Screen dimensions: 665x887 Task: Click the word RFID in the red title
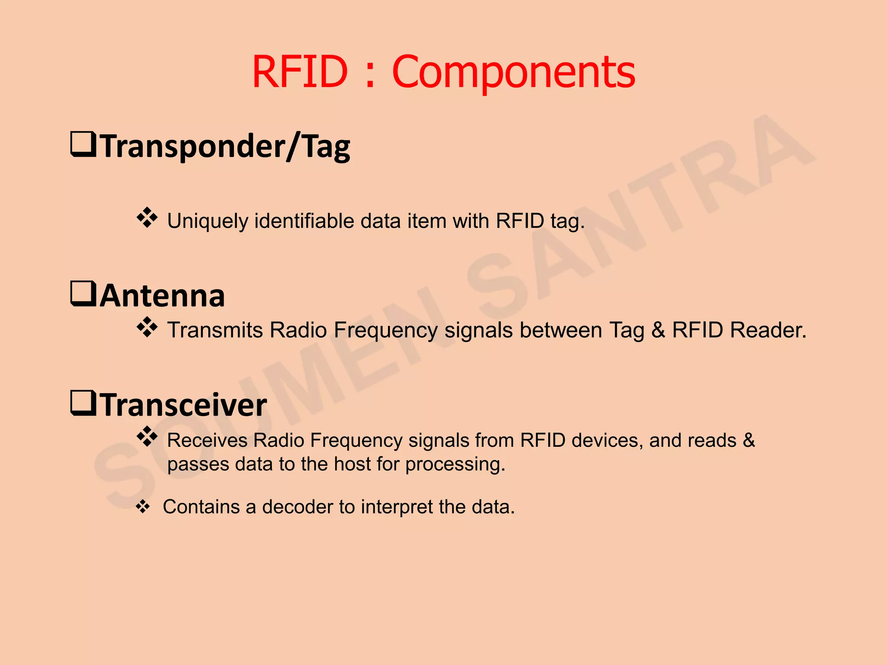click(300, 71)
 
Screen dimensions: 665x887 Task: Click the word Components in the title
click(514, 73)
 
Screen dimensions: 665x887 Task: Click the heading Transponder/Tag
click(225, 146)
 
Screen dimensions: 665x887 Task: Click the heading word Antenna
click(162, 296)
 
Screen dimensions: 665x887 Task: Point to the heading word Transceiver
click(184, 405)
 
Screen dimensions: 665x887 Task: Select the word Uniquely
click(208, 221)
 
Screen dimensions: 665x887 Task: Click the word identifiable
click(304, 221)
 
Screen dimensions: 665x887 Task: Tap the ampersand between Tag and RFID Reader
click(658, 330)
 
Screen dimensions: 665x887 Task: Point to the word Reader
click(768, 330)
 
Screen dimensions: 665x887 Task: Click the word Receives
click(207, 440)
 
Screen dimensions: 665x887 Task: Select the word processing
click(455, 465)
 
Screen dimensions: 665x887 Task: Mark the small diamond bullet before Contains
click(143, 507)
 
